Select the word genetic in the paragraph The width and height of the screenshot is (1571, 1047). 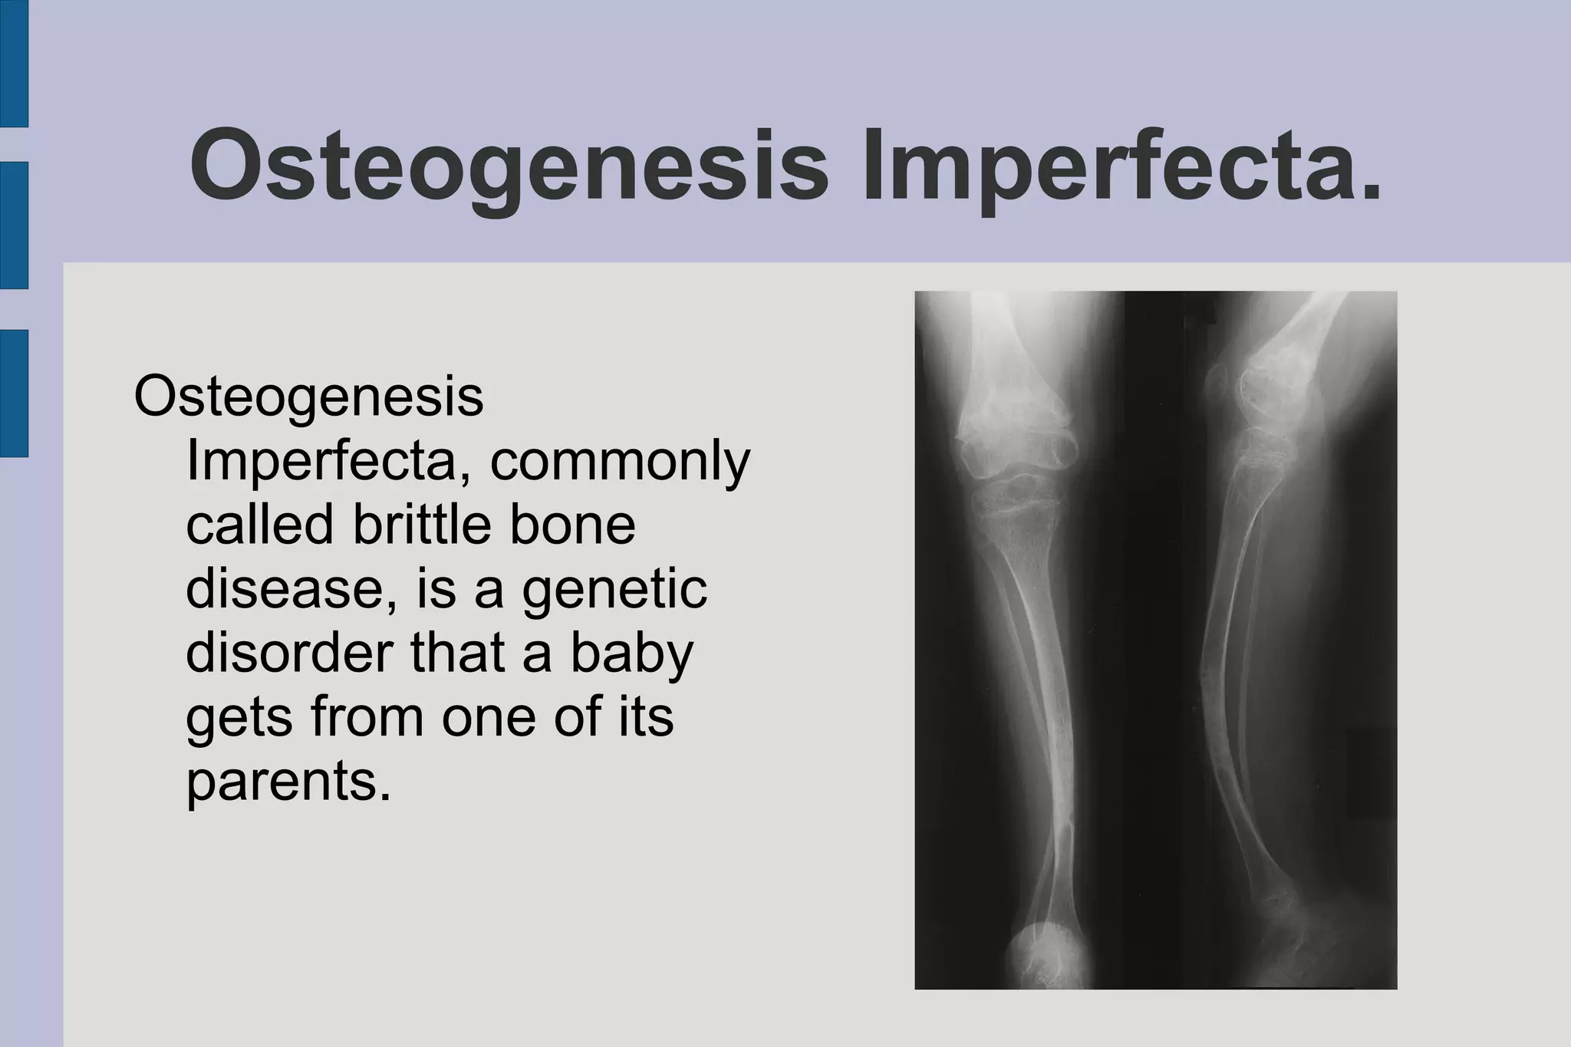614,591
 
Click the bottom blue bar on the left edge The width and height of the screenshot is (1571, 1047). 14,393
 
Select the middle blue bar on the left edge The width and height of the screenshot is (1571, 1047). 14,225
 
